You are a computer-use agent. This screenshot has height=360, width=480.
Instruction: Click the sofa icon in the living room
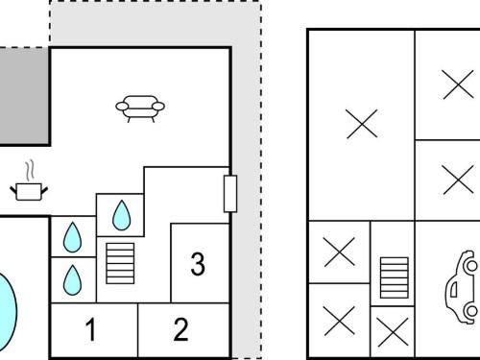tap(140, 108)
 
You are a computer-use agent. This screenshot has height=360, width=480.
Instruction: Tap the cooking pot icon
tap(29, 191)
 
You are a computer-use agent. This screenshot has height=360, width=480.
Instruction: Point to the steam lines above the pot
tap(30, 170)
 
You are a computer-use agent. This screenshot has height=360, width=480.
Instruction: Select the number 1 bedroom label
tap(91, 329)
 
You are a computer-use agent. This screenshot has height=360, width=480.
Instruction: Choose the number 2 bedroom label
tap(180, 329)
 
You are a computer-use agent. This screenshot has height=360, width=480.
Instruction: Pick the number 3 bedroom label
tap(198, 264)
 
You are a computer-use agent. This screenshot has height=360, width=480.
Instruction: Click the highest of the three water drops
tap(122, 215)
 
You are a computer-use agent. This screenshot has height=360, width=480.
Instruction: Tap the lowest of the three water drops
tap(72, 280)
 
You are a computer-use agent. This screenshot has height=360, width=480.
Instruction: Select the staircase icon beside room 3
tap(120, 263)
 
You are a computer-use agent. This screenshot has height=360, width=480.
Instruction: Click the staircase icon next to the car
tap(395, 277)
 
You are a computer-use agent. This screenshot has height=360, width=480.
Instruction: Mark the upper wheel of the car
tap(471, 265)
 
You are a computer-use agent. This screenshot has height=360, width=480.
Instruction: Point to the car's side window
tap(454, 289)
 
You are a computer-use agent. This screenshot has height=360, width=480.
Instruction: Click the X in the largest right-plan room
tap(362, 124)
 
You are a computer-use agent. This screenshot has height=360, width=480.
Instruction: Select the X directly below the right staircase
tap(393, 332)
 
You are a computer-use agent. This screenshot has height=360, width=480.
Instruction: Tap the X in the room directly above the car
tap(458, 180)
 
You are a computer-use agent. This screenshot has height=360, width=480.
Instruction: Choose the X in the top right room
tap(458, 84)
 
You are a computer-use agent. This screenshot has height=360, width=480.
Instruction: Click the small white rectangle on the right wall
tap(230, 194)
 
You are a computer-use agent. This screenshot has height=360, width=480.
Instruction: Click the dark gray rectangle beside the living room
tap(24, 97)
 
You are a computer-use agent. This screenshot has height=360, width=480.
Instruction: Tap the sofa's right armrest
tap(158, 106)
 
